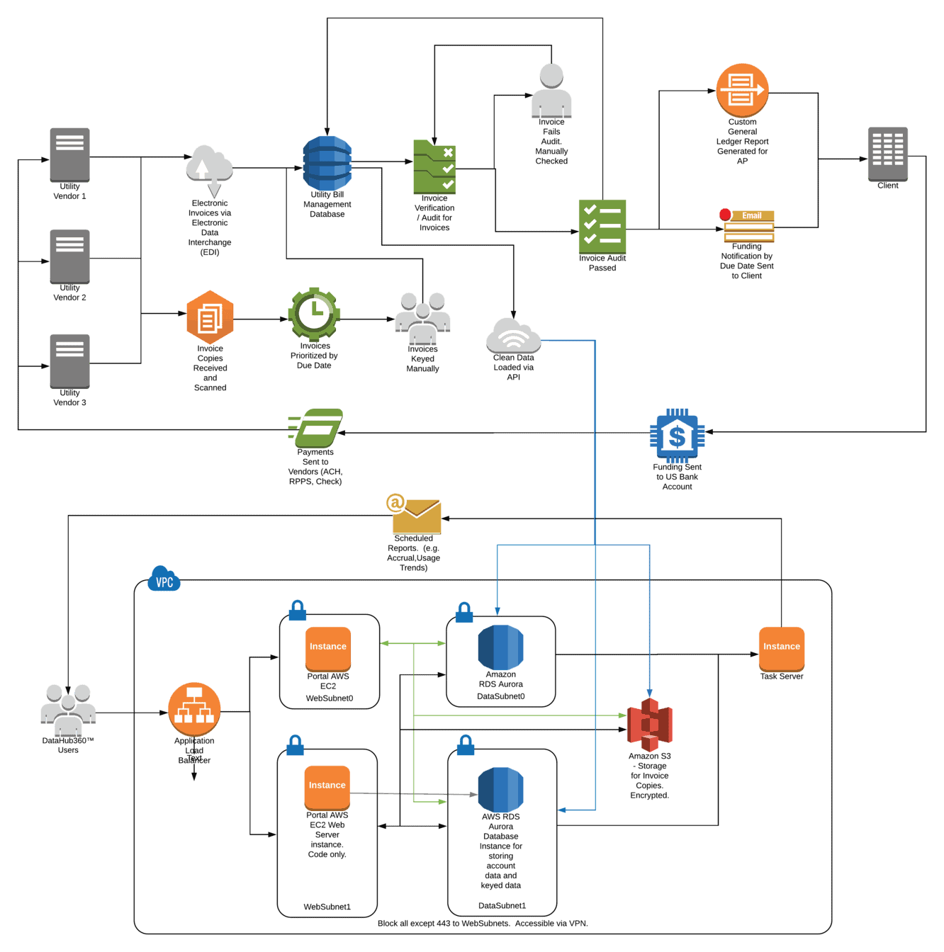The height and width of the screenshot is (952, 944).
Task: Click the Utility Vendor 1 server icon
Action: [69, 154]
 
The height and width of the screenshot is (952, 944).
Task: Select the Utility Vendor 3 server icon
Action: [69, 361]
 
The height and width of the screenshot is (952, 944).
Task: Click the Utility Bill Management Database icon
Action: [327, 163]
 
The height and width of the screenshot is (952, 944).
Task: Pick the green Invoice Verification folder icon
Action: [434, 167]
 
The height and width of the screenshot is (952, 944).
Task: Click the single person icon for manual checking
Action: [551, 91]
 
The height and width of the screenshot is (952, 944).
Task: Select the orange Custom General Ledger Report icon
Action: [742, 91]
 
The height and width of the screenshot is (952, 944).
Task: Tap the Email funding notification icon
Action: [748, 226]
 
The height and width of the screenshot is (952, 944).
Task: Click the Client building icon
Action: [888, 154]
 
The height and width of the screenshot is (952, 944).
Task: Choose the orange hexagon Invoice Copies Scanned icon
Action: [210, 317]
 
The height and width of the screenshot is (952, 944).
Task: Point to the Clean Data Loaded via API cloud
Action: [514, 336]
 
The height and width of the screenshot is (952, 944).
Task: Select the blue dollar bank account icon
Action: [677, 436]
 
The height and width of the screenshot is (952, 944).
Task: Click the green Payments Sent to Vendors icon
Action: [316, 427]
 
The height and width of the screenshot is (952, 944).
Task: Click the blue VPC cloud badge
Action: [164, 579]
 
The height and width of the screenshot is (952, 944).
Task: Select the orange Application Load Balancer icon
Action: [194, 709]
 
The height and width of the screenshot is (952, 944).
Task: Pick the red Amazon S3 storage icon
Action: [650, 724]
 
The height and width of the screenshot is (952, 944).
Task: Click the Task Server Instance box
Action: [781, 648]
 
